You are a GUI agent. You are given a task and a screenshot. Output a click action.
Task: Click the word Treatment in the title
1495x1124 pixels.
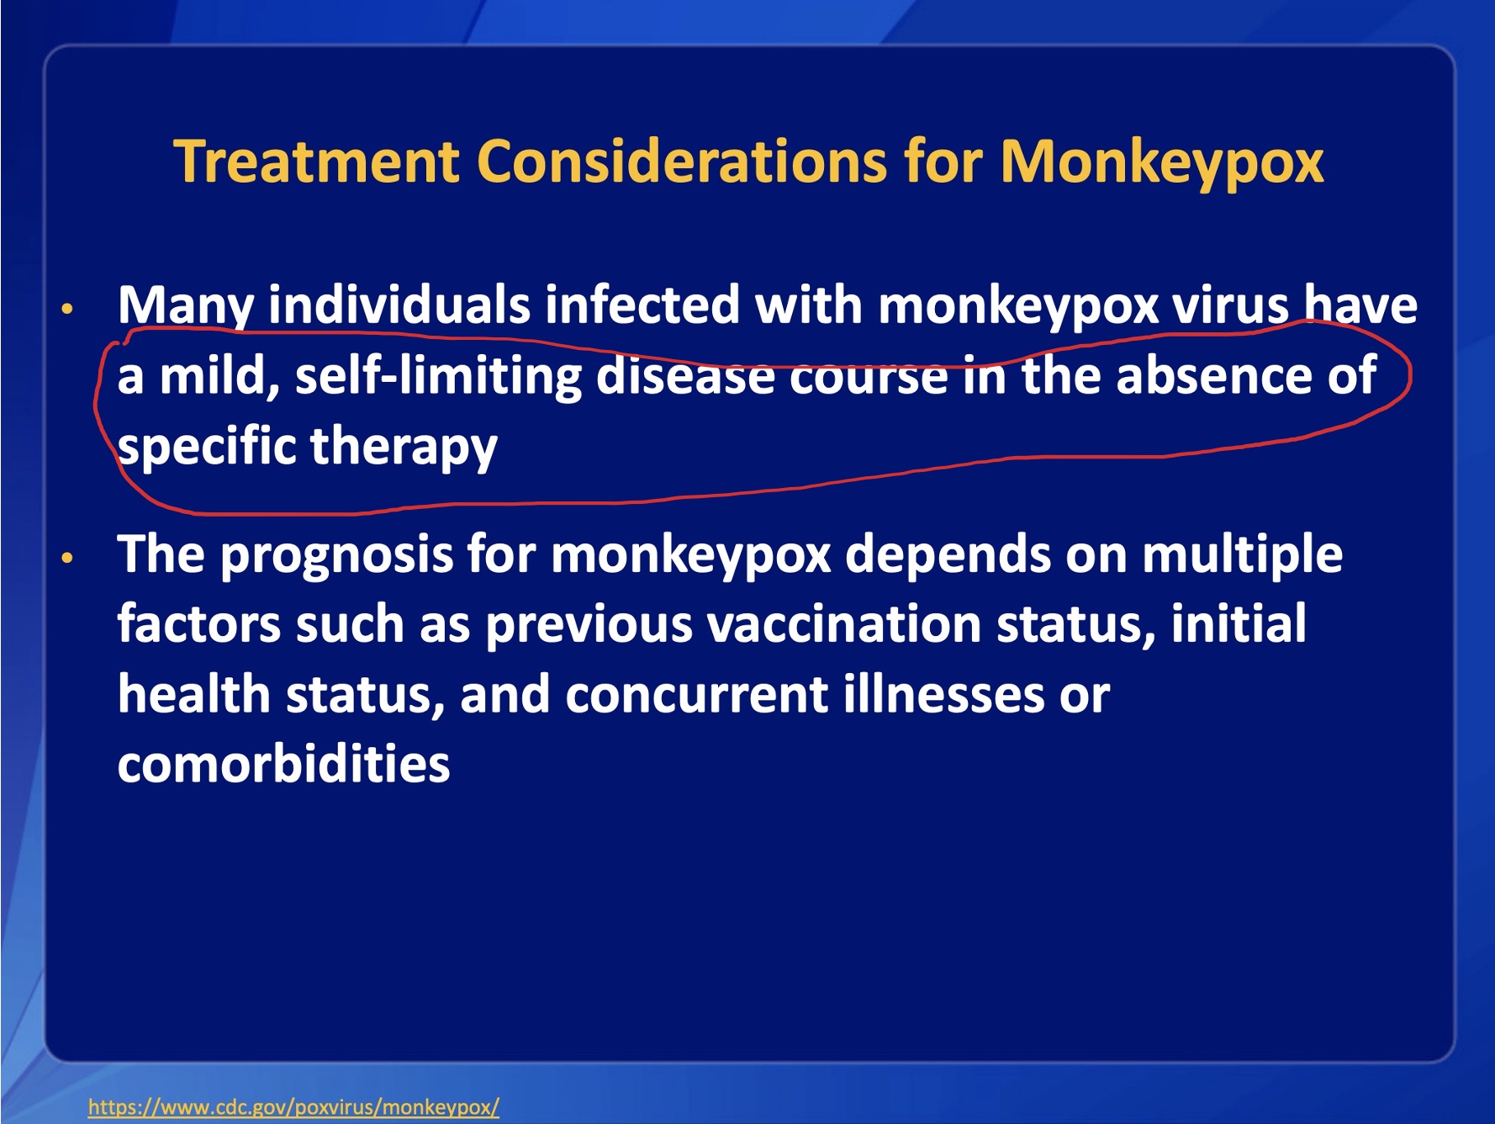tap(317, 161)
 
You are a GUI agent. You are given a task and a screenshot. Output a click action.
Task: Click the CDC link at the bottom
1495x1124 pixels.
tap(293, 1106)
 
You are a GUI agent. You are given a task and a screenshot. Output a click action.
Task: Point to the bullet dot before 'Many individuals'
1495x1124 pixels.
tap(68, 309)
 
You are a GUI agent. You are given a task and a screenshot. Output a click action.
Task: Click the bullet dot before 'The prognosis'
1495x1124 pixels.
tap(68, 558)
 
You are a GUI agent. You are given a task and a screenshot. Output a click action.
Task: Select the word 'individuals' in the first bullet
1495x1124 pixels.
tap(399, 305)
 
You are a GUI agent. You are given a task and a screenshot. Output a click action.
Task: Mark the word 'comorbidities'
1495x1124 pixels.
tap(284, 764)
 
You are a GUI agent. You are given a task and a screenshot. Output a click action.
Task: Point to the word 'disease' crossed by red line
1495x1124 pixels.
tap(685, 375)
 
